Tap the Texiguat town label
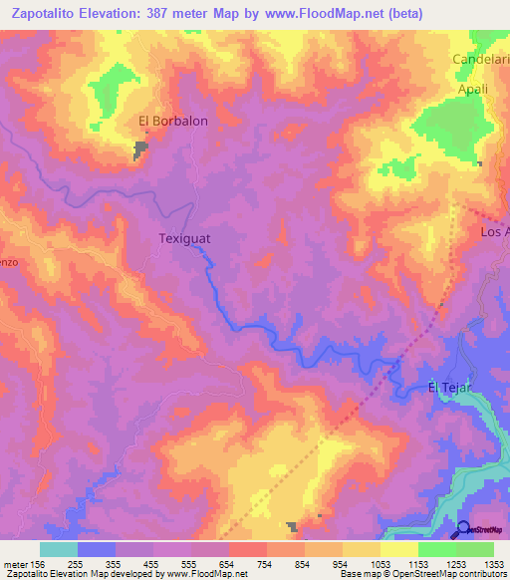184,239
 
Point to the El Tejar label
448,388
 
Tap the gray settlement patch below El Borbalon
141,149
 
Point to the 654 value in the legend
228,564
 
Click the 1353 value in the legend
493,564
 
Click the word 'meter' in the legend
15,564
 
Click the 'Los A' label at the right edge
495,232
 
